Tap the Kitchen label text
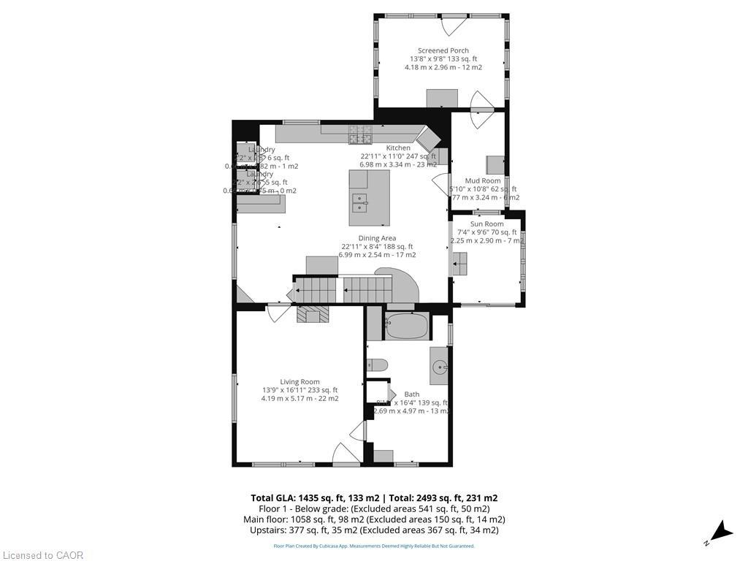[x=398, y=148]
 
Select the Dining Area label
[x=377, y=238]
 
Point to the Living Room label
[x=299, y=381]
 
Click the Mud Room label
[x=483, y=180]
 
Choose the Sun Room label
[x=486, y=224]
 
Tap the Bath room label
[x=412, y=394]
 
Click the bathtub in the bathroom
[x=406, y=326]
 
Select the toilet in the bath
[x=377, y=366]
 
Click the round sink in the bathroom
[x=439, y=367]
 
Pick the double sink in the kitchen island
[x=359, y=202]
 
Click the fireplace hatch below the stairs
[x=313, y=315]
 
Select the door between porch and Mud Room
[x=481, y=111]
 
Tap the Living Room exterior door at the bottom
[x=344, y=455]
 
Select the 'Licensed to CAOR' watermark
[x=42, y=555]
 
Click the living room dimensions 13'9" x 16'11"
[x=299, y=390]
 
